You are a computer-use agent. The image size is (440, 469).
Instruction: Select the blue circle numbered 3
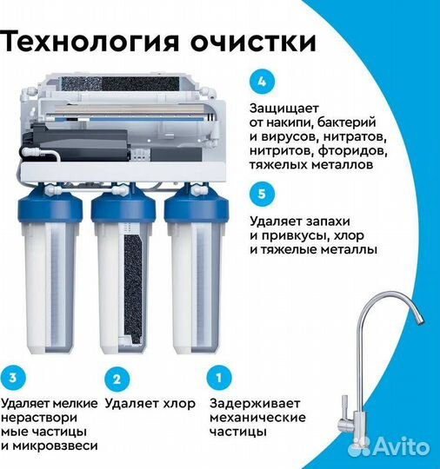click(13, 378)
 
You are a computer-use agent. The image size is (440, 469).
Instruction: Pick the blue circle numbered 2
click(116, 378)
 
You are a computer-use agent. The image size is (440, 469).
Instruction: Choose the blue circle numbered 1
click(219, 378)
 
